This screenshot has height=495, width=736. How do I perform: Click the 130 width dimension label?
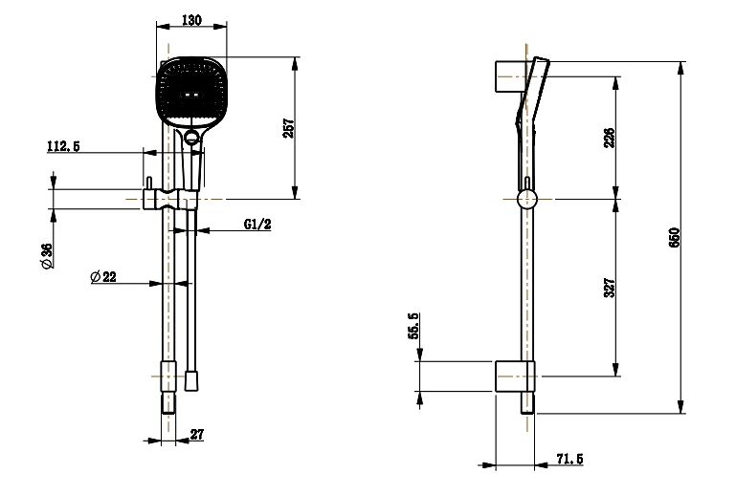(191, 20)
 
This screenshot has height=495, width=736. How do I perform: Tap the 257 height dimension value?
(289, 128)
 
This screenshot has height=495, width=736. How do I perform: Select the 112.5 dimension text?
(63, 146)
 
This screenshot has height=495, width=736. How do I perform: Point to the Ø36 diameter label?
(48, 256)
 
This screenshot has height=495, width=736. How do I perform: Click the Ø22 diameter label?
(103, 276)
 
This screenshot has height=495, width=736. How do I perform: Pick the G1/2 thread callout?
(257, 224)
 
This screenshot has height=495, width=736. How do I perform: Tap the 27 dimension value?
(197, 434)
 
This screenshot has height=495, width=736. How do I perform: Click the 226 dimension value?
(609, 138)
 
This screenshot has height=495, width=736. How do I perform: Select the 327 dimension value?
(609, 288)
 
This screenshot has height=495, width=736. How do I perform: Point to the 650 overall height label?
(674, 237)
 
